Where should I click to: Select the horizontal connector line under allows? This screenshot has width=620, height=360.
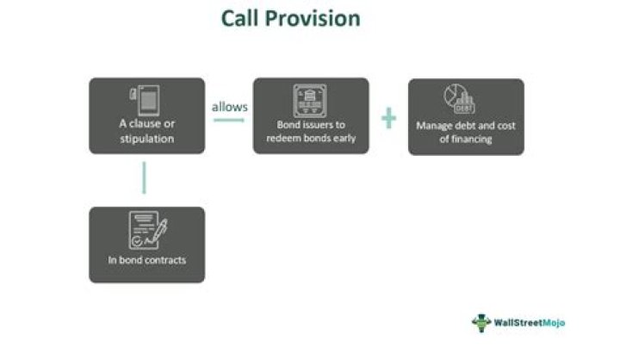click(x=228, y=120)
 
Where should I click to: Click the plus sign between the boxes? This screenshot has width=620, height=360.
click(x=388, y=117)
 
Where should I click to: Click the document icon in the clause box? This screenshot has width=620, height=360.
click(x=147, y=98)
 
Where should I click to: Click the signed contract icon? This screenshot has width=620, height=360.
click(x=147, y=230)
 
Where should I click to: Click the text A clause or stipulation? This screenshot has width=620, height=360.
click(x=147, y=130)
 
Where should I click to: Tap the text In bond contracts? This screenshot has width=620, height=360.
click(x=147, y=260)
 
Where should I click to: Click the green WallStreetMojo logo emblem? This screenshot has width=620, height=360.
click(x=481, y=322)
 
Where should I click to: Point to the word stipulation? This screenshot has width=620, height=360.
click(x=147, y=137)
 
